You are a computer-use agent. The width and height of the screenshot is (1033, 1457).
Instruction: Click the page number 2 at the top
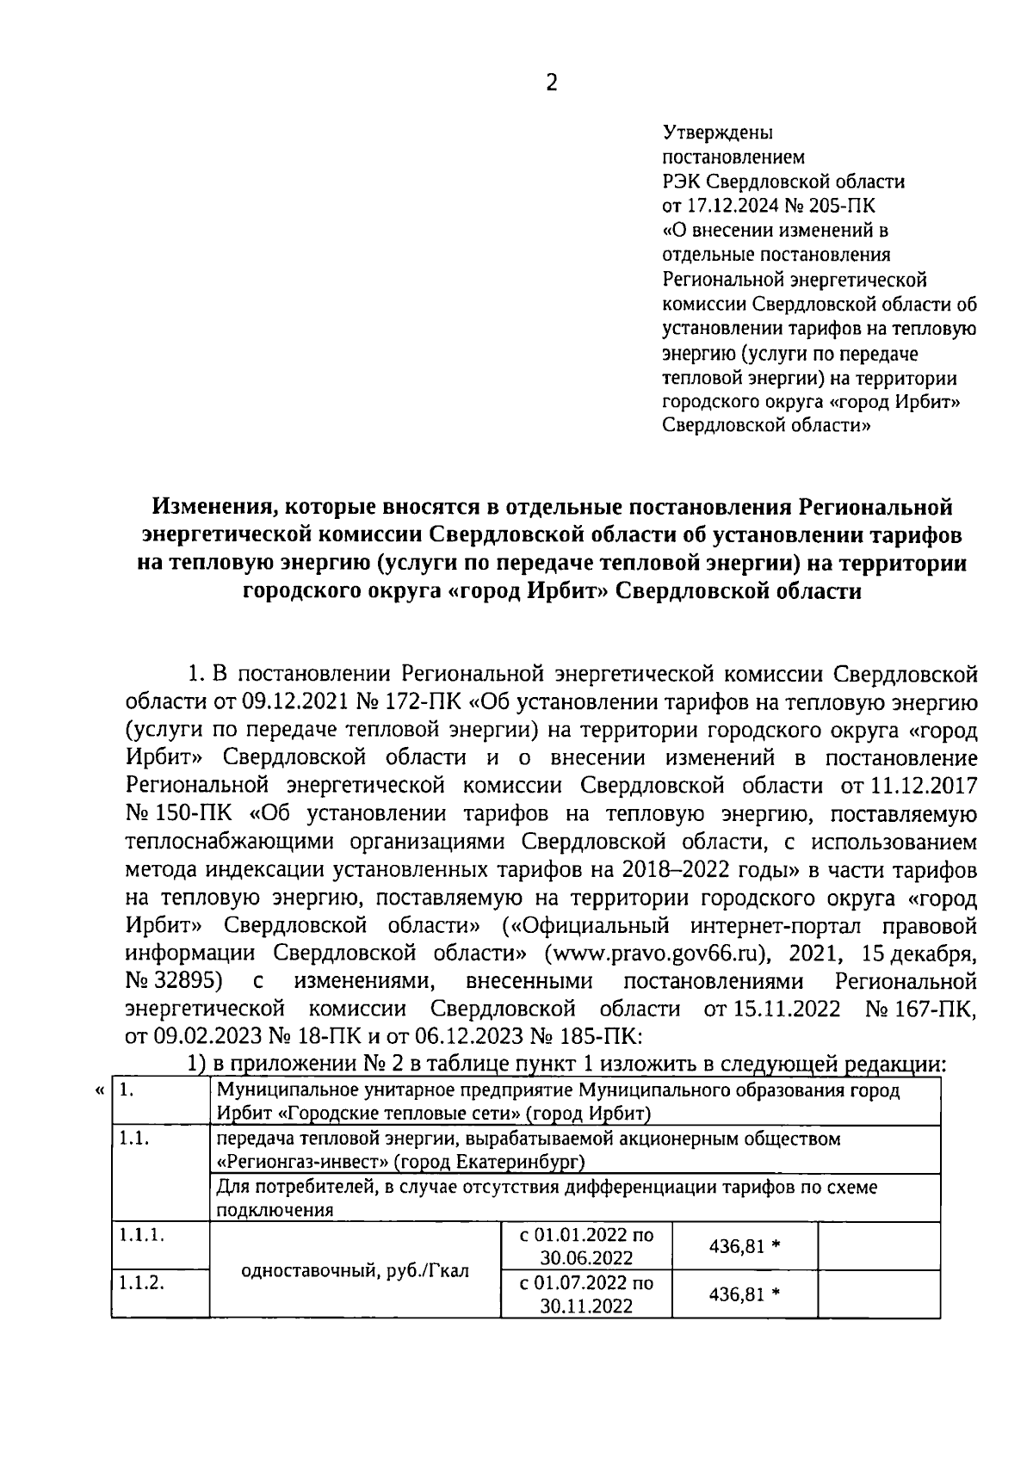click(x=552, y=83)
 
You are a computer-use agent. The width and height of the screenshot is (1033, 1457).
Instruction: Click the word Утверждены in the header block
click(x=717, y=133)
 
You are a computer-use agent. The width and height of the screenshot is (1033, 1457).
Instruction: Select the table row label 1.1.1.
click(x=141, y=1235)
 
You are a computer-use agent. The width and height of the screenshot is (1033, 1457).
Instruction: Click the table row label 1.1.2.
click(x=141, y=1283)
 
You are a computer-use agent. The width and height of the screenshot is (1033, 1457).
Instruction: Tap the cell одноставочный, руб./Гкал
click(x=355, y=1269)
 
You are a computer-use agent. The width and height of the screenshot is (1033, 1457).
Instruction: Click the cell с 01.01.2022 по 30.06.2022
click(x=586, y=1245)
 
